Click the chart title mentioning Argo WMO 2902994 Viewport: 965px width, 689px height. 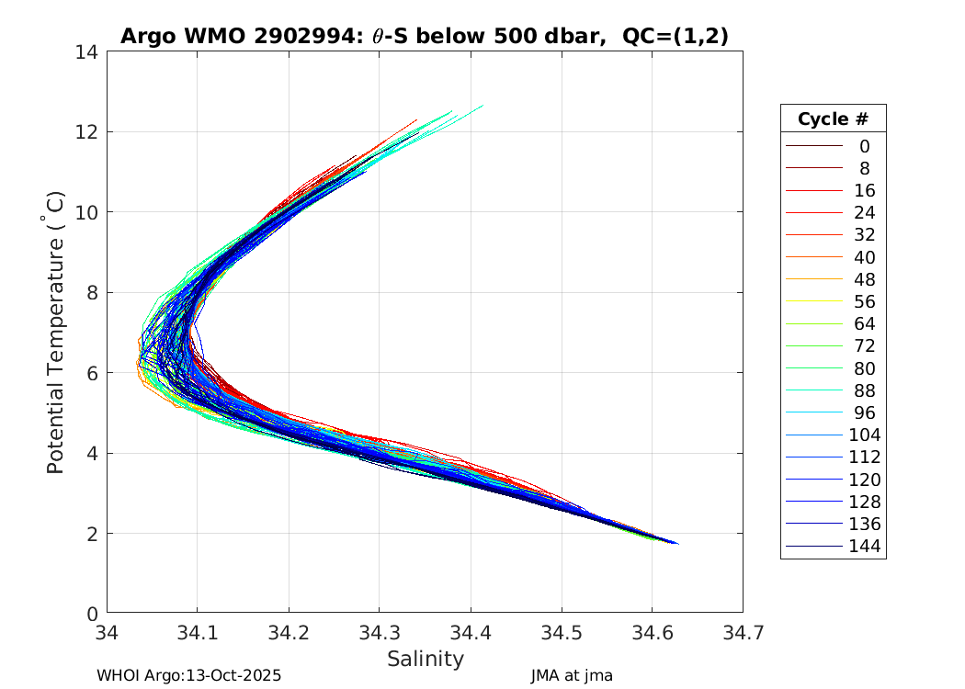click(425, 36)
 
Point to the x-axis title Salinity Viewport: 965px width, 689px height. click(425, 659)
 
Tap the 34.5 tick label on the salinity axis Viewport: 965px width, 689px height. click(561, 633)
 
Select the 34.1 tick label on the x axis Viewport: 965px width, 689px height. click(198, 633)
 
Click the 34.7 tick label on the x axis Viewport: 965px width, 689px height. click(742, 633)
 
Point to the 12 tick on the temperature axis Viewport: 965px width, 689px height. click(89, 132)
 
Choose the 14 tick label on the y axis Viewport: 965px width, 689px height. click(89, 52)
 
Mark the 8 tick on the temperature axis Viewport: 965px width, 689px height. click(94, 293)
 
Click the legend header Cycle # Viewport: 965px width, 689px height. click(833, 119)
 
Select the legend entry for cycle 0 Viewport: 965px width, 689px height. click(864, 146)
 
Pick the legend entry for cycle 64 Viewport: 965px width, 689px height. click(864, 324)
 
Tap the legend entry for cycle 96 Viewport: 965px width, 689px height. click(864, 413)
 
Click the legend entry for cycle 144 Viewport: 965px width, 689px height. click(864, 547)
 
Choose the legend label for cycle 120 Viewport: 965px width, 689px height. click(864, 480)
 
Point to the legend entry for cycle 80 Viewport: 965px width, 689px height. click(864, 368)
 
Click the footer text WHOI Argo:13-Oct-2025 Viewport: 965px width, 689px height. click(188, 675)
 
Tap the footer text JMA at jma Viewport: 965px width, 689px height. click(572, 675)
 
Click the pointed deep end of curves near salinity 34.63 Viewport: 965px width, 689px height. click(676, 543)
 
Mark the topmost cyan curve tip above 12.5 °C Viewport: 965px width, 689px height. click(482, 106)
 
